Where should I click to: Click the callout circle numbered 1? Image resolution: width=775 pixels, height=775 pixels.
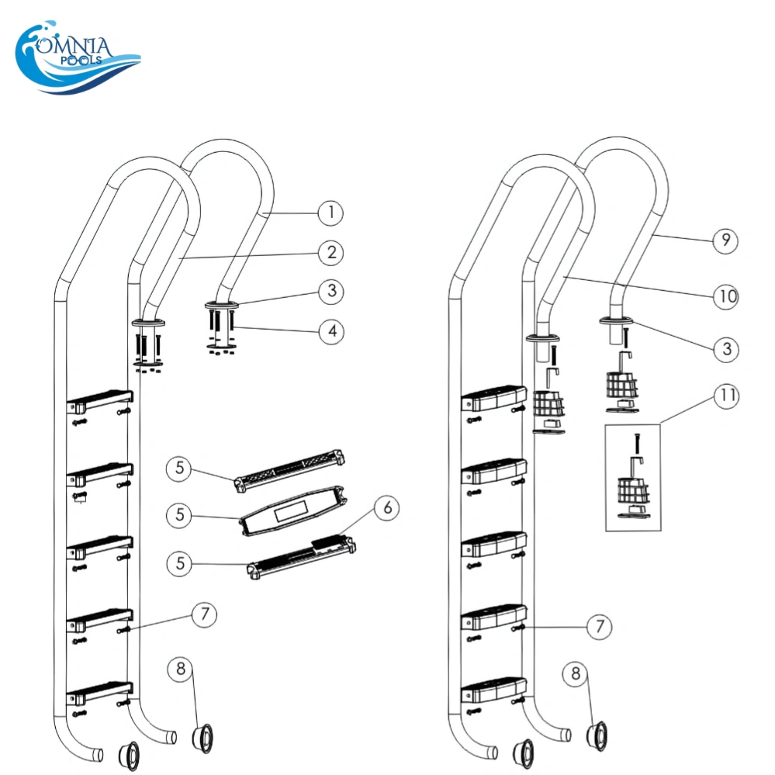click(330, 211)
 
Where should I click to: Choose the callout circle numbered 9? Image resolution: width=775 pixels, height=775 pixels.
click(725, 240)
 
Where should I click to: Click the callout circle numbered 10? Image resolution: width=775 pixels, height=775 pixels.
click(726, 296)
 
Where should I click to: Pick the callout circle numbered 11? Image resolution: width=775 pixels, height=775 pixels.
click(726, 396)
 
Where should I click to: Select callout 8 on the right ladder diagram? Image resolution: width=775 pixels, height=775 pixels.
click(575, 674)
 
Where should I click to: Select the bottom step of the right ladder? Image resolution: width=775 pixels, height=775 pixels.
click(494, 690)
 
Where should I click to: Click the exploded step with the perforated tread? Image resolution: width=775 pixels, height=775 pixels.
click(288, 469)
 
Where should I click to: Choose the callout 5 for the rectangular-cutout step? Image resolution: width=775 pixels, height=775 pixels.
click(179, 515)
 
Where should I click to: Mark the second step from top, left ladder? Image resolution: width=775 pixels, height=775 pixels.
click(99, 472)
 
